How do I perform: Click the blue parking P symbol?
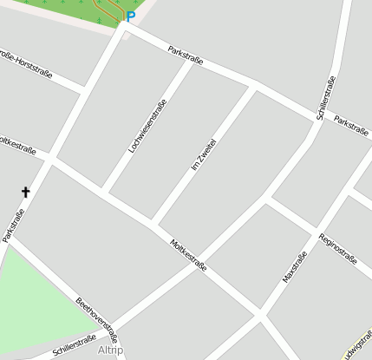pos(131,16)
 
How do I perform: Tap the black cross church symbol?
pos(25,192)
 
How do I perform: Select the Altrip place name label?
pos(111,350)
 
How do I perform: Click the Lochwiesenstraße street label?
pos(147,126)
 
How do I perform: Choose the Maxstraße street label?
pos(295,266)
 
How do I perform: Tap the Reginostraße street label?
pos(338,247)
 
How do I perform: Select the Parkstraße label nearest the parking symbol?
pos(186,56)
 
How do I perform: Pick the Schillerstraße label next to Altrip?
pos(75,346)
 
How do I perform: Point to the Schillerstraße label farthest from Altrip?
pos(326,98)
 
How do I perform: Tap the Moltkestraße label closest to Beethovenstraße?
pos(189,256)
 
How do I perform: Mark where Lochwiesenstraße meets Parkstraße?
pos(193,62)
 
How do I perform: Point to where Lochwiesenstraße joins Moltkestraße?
pos(104,192)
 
